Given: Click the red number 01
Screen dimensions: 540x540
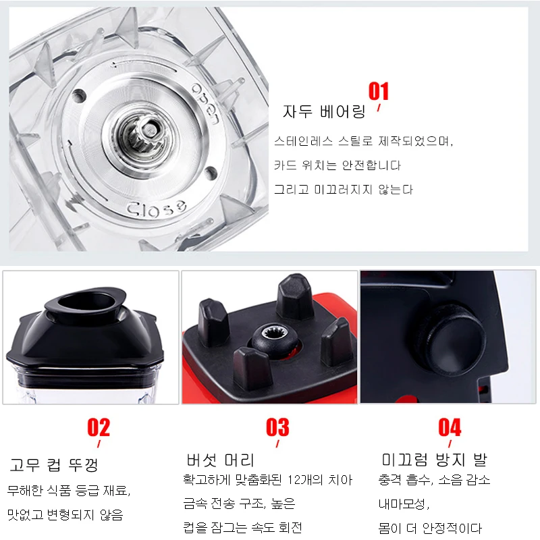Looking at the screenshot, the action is click(x=379, y=91).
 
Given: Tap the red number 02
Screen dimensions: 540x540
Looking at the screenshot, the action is click(x=99, y=427).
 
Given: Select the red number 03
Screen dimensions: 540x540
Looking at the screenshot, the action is click(x=277, y=427).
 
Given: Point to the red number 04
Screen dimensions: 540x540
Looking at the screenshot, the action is click(x=450, y=427).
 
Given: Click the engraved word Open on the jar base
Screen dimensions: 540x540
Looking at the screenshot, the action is click(x=206, y=103).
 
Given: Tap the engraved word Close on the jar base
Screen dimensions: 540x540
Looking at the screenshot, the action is click(x=157, y=208).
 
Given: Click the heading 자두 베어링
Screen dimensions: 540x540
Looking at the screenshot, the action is click(x=324, y=111).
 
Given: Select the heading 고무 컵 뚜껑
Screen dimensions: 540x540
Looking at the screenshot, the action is click(x=54, y=465).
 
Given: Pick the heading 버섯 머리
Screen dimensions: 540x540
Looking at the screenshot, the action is click(x=221, y=460).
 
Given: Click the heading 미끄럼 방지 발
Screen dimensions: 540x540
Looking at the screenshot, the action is click(x=434, y=460).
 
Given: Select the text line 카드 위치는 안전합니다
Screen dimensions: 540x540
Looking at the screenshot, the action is click(x=337, y=165).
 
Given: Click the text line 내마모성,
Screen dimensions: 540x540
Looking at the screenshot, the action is click(x=404, y=504).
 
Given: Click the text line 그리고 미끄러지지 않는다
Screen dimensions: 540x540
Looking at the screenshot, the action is click(x=344, y=190).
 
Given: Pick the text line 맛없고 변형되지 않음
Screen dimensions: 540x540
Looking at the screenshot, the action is click(x=65, y=515).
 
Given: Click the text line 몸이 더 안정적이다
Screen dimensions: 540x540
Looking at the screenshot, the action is click(x=430, y=528).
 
